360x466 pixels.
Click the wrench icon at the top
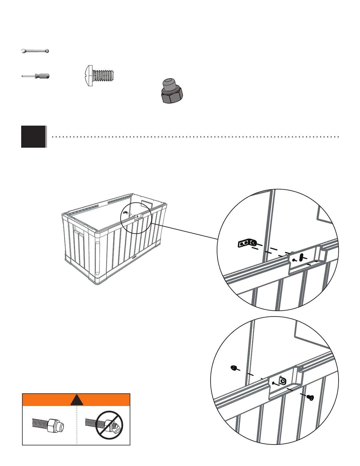point(35,51)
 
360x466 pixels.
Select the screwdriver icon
point(36,76)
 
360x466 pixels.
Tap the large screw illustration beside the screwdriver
point(100,76)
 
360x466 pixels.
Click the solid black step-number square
point(34,137)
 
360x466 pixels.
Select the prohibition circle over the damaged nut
point(109,425)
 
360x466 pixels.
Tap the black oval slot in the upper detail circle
point(301,257)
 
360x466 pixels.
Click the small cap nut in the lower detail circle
point(233,367)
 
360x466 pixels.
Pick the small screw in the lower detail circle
point(310,397)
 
